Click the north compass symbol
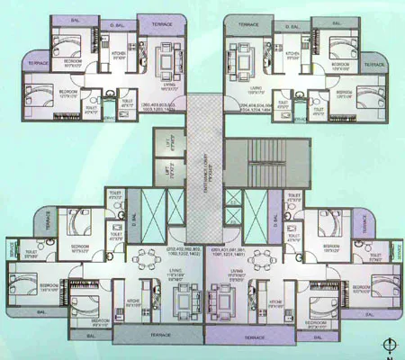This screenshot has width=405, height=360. tap(387, 344)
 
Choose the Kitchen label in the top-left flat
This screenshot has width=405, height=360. tap(119, 55)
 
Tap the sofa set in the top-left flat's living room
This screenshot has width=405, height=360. tap(167, 61)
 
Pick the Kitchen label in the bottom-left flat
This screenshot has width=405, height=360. tap(133, 304)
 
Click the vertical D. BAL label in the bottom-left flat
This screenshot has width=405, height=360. tap(133, 219)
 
